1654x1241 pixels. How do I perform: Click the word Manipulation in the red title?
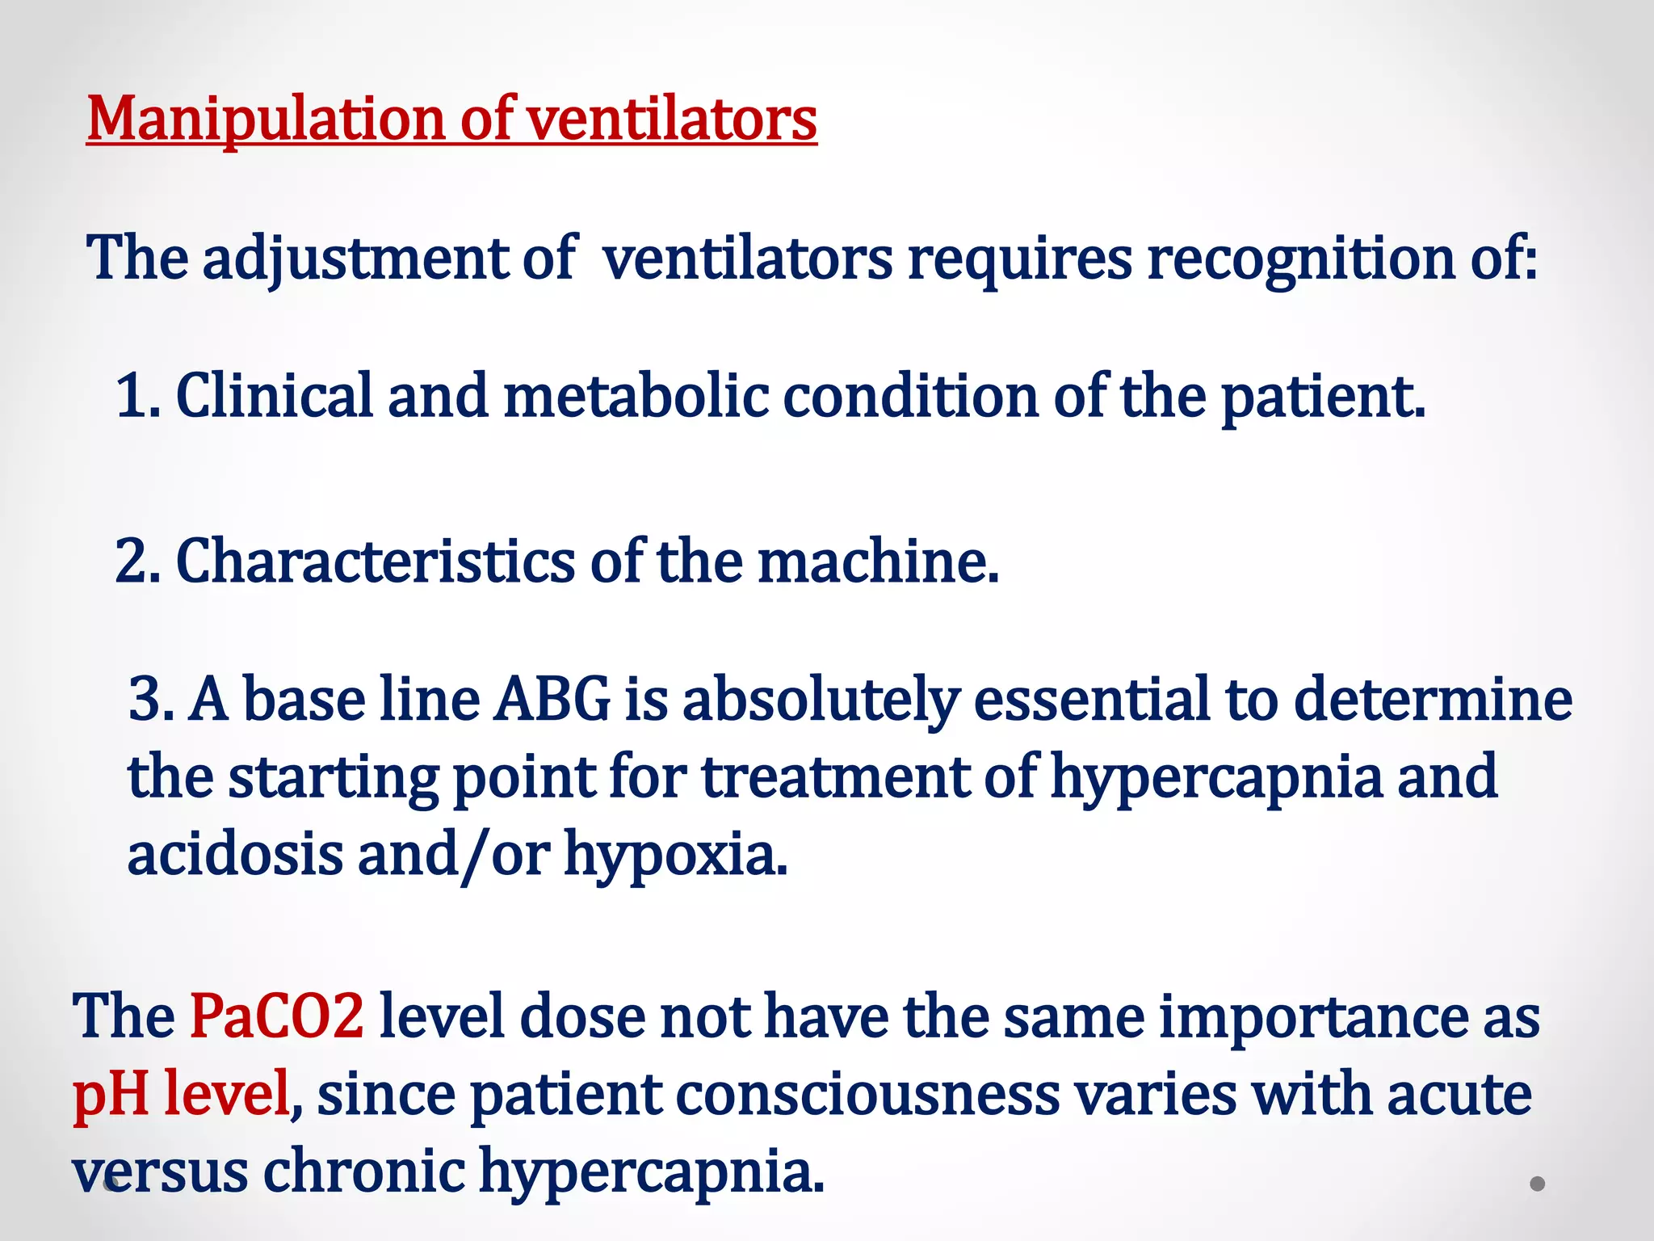coord(266,120)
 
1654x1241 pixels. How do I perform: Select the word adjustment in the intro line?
coord(355,259)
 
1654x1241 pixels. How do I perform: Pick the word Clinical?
coord(275,396)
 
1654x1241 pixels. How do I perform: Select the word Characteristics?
coord(376,561)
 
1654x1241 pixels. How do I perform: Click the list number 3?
coord(149,699)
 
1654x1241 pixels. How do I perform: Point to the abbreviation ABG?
coord(553,699)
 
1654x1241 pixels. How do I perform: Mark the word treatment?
coord(835,776)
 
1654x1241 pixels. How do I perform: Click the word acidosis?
coord(235,854)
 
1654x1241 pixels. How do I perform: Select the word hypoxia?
coord(675,854)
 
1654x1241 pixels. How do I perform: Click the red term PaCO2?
coord(276,1016)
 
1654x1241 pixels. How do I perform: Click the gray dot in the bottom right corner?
coord(1538,1184)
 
